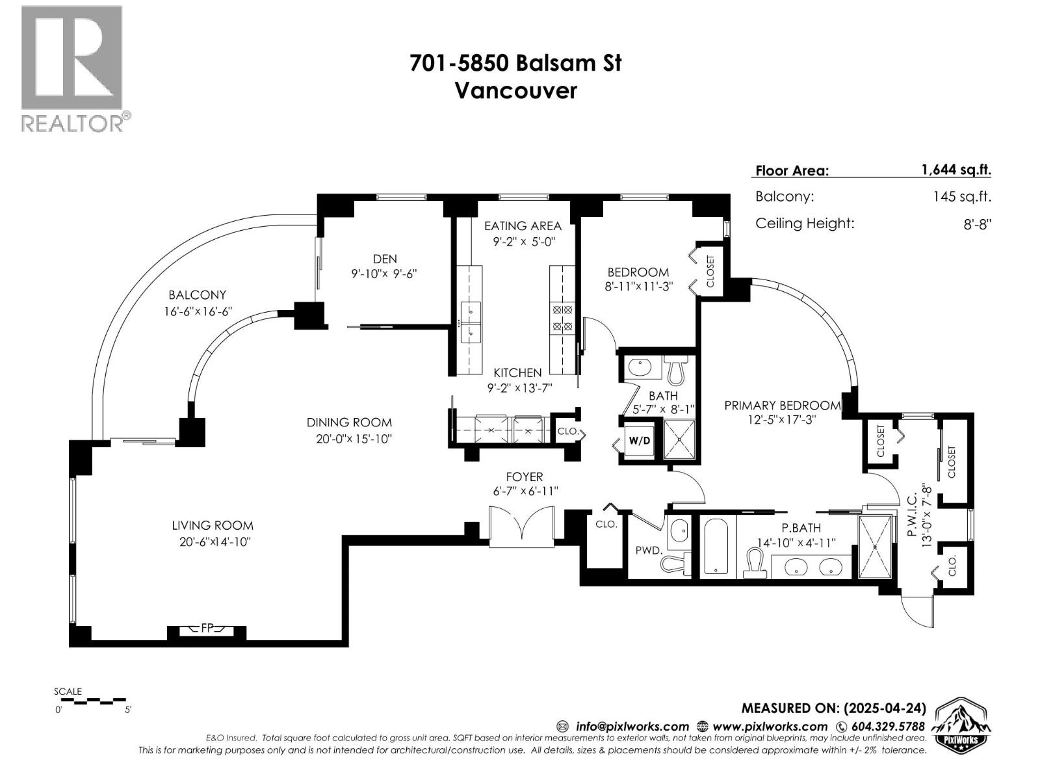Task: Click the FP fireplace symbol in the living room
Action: pyautogui.click(x=207, y=629)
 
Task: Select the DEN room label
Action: pyautogui.click(x=385, y=259)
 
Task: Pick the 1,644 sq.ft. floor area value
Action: pyautogui.click(x=955, y=170)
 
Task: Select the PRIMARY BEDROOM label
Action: pyautogui.click(x=782, y=406)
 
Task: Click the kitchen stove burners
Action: pyautogui.click(x=562, y=318)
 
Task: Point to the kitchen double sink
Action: pyautogui.click(x=470, y=322)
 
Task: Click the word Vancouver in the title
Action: pyautogui.click(x=515, y=90)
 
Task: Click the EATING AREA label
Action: pyautogui.click(x=523, y=226)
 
